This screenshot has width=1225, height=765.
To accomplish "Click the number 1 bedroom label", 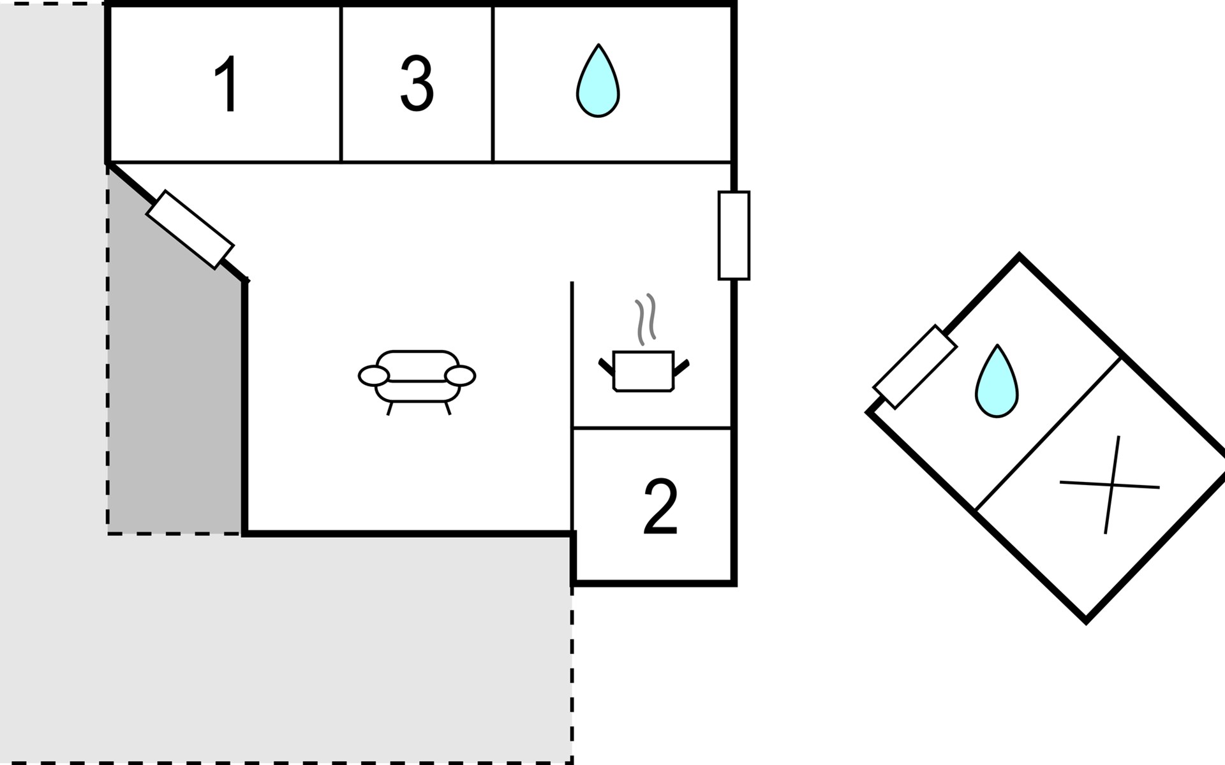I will tap(226, 84).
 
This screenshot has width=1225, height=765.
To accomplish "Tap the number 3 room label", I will tap(417, 84).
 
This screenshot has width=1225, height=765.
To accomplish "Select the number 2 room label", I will tap(660, 507).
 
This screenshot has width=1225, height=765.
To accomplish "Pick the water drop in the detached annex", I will tap(997, 382).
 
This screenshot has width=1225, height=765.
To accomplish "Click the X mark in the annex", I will tap(1110, 485).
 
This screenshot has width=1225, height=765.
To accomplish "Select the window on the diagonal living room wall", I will tap(190, 229).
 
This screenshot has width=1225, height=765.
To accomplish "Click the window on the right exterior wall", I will tap(734, 235).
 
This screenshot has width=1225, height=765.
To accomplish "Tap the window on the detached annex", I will tap(915, 367).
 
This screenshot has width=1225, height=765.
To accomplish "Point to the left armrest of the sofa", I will tap(374, 376).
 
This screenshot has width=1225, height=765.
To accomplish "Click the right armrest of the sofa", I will tap(460, 376).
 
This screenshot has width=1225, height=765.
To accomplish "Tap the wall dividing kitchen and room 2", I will tap(652, 428).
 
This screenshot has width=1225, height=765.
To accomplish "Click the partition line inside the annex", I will tap(1048, 433).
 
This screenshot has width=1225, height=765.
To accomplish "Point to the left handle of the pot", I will tap(605, 367).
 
